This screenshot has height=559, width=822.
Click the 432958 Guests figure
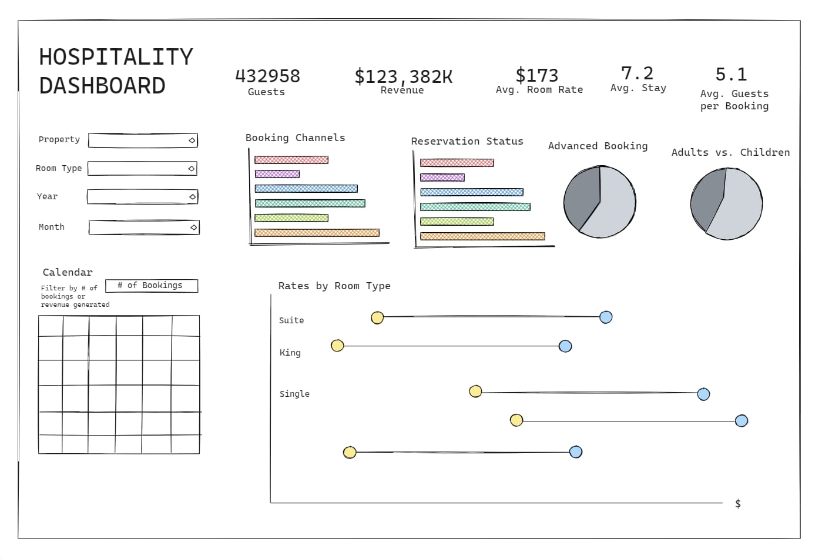pyautogui.click(x=267, y=76)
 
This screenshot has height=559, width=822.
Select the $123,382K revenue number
pyautogui.click(x=403, y=76)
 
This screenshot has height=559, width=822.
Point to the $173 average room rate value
pyautogui.click(x=537, y=75)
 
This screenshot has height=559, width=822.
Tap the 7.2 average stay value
pyautogui.click(x=637, y=73)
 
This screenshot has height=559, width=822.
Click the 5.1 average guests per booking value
pyautogui.click(x=731, y=75)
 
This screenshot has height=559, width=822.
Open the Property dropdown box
pyautogui.click(x=142, y=140)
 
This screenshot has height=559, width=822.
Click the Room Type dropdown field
pyautogui.click(x=142, y=169)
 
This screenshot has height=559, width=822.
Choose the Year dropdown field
pyautogui.click(x=142, y=197)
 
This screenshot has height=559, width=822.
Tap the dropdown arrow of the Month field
pyautogui.click(x=193, y=227)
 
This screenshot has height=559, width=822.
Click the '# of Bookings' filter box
pyautogui.click(x=151, y=286)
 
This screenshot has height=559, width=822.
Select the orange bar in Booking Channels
pyautogui.click(x=317, y=233)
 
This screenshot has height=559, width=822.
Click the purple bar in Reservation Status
pyautogui.click(x=442, y=178)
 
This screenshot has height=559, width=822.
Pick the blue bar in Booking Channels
pyautogui.click(x=306, y=189)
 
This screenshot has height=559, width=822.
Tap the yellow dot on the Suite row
pyautogui.click(x=377, y=318)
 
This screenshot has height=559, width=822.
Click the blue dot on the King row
pyautogui.click(x=565, y=346)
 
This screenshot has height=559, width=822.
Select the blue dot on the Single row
pyautogui.click(x=703, y=394)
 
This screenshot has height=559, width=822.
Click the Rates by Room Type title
pyautogui.click(x=334, y=286)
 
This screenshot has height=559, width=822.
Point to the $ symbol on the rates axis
pyautogui.click(x=738, y=504)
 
